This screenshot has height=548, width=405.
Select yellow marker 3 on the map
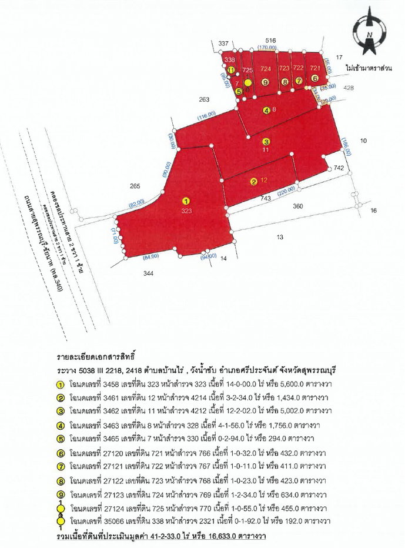pyautogui.click(x=266, y=141)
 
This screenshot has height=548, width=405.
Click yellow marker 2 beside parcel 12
pyautogui.click(x=253, y=181)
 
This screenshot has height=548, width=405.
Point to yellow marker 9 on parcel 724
pyautogui.click(x=265, y=82)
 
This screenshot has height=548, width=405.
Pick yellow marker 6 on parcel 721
pyautogui.click(x=315, y=78)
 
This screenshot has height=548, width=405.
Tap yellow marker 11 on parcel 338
pyautogui.click(x=232, y=70)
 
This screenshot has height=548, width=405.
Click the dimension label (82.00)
pyautogui.click(x=137, y=203)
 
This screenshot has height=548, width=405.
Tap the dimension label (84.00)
pyautogui.click(x=151, y=256)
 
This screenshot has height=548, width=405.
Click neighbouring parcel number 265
pyautogui.click(x=135, y=186)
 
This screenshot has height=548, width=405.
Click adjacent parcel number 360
pyautogui.click(x=298, y=206)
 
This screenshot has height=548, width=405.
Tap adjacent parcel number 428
pyautogui.click(x=349, y=88)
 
